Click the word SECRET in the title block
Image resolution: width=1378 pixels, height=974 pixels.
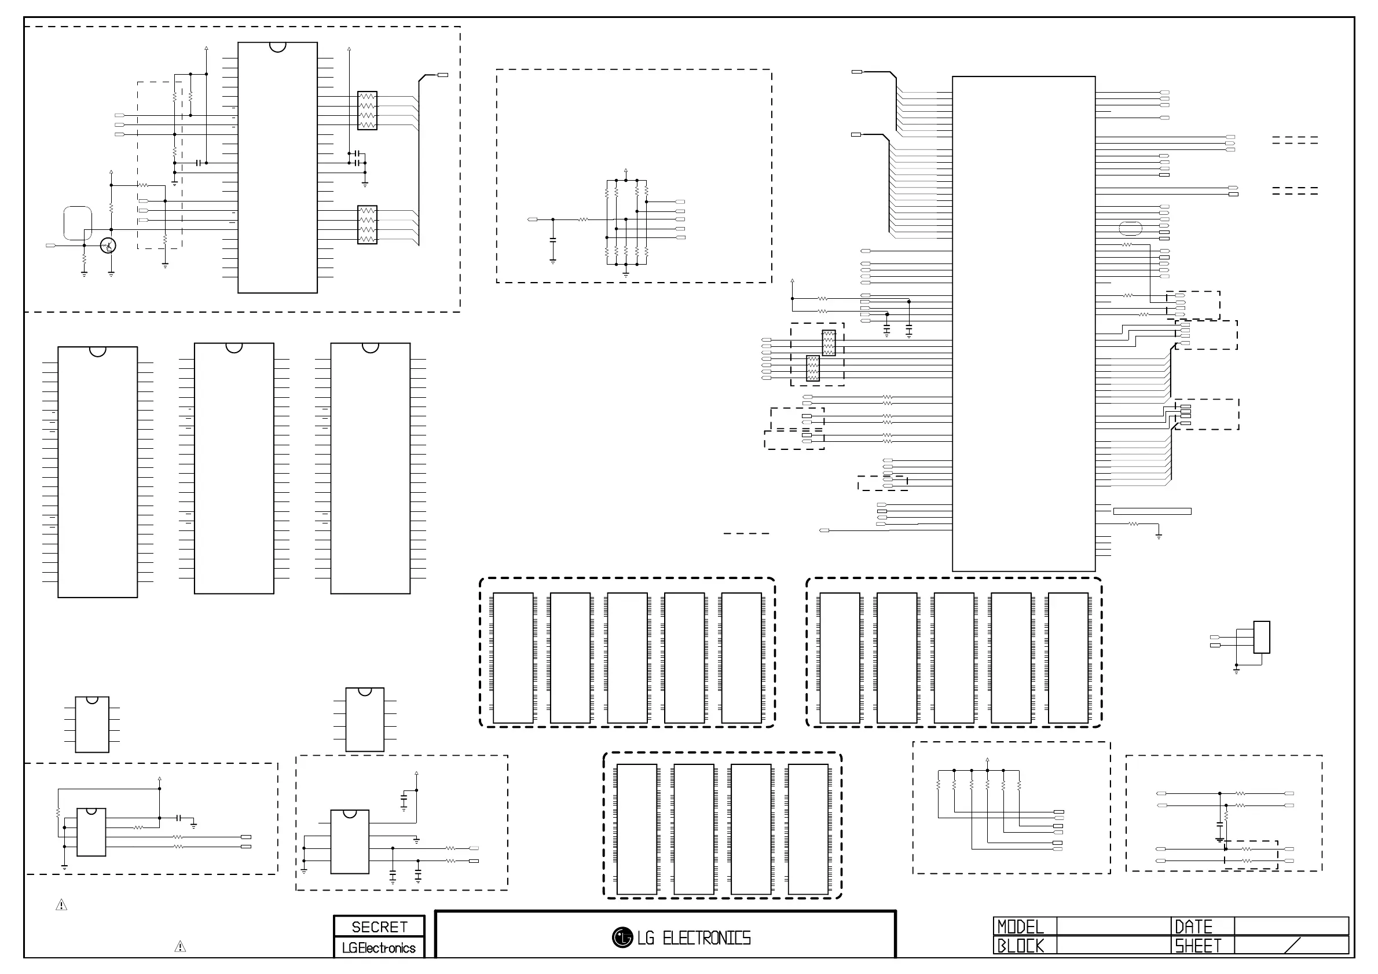[379, 927]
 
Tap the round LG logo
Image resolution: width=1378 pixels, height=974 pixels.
[622, 938]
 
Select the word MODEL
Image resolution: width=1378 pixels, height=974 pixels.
[1020, 927]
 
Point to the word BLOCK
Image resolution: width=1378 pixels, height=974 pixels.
[1020, 946]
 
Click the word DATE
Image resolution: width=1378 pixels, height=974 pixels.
[1194, 927]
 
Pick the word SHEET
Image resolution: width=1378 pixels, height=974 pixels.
[1198, 946]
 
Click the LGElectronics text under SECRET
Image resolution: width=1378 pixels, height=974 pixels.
[379, 948]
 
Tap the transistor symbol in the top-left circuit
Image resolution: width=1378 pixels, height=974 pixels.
[108, 246]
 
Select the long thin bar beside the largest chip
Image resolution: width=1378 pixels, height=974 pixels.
[1152, 511]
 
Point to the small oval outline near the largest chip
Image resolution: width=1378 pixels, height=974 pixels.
[1131, 229]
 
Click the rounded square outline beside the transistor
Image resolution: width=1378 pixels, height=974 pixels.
[78, 224]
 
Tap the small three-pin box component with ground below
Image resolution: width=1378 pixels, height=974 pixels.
[1262, 638]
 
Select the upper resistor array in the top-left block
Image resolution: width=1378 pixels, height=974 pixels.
[367, 111]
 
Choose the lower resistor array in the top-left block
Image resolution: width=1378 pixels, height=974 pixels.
[367, 225]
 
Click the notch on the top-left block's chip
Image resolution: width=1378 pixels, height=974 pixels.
[278, 47]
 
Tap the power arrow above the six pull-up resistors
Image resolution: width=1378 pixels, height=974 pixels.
[987, 760]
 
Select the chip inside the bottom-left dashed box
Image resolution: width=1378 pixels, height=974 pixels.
[91, 832]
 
